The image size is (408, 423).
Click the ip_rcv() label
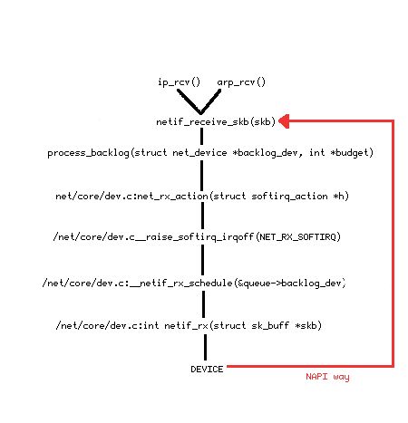179,82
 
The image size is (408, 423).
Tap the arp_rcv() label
241,82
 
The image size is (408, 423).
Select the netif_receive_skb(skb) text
216,121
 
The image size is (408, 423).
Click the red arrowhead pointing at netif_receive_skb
284,121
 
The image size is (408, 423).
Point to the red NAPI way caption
327,377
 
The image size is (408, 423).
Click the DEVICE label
207,370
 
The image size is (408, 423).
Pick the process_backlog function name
88,153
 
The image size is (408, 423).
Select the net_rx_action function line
202,197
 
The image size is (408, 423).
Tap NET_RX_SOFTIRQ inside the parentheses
298,236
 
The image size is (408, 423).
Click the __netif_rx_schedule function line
194,283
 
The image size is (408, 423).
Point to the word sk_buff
270,325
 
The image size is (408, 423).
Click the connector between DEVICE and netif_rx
206,347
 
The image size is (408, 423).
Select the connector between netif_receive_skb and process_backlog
201,137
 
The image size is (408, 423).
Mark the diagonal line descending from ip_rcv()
189,101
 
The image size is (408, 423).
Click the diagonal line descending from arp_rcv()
210,101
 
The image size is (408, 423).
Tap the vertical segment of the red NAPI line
393,244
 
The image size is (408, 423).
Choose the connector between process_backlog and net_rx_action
201,175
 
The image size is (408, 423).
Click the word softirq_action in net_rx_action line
289,197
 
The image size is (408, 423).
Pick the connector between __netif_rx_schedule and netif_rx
203,304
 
